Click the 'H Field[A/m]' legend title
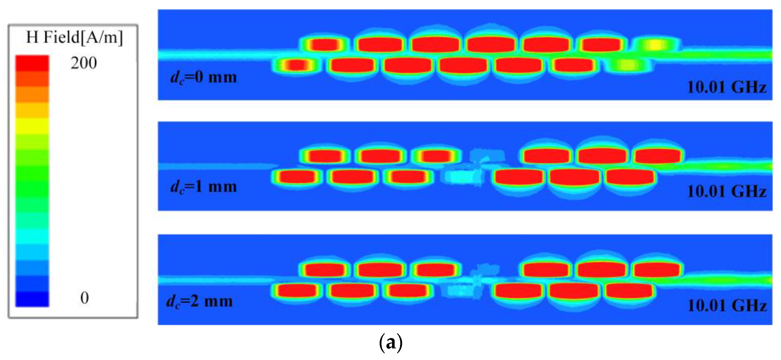(75, 38)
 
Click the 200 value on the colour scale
(84, 63)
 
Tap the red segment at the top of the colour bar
(32, 63)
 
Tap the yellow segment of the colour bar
(32, 125)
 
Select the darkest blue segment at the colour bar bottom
(32, 299)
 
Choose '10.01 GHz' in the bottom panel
(727, 306)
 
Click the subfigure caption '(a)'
(390, 343)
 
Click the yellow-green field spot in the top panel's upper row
(655, 45)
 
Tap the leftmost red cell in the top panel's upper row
(324, 45)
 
